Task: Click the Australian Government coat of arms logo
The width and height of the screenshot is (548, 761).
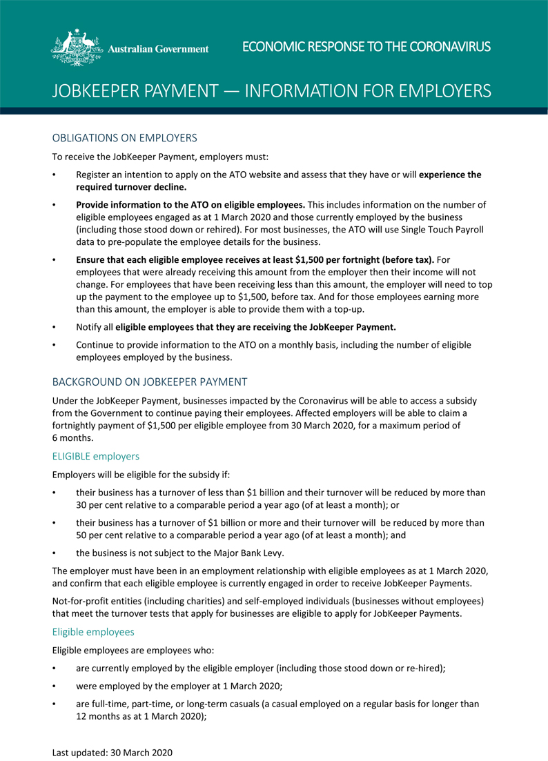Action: click(77, 48)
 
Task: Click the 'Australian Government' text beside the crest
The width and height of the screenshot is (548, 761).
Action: click(159, 49)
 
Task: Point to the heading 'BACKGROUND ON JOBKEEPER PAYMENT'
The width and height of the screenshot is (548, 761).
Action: click(149, 382)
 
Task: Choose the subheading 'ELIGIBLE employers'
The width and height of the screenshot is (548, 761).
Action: click(96, 456)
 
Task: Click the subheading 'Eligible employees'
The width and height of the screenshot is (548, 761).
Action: click(95, 631)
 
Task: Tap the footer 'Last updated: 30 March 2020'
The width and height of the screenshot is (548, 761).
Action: click(112, 751)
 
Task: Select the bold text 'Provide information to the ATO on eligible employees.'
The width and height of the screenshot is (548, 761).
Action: click(190, 204)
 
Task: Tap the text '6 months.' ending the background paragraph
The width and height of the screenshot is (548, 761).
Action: click(72, 437)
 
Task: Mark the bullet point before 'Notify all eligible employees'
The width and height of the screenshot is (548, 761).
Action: click(55, 328)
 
